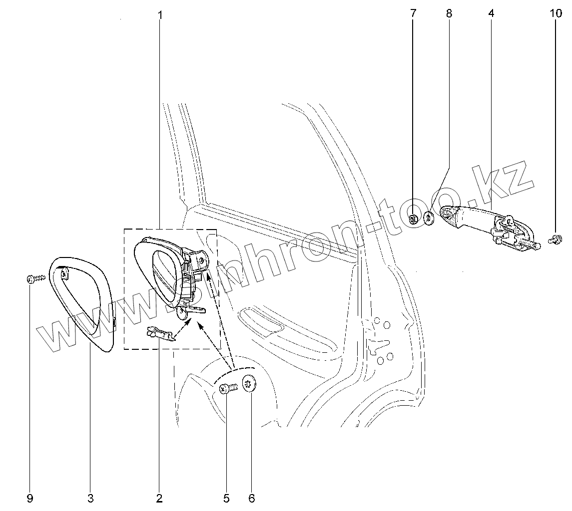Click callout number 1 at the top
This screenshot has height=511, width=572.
click(160, 14)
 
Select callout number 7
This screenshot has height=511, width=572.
click(413, 13)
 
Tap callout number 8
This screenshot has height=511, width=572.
click(449, 13)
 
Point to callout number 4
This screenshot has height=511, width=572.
click(491, 13)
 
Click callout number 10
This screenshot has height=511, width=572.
click(556, 13)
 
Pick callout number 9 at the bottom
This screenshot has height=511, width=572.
click(29, 498)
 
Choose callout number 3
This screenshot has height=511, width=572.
click(90, 498)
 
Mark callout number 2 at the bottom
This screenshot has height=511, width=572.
click(159, 498)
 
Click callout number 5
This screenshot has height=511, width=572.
click(226, 498)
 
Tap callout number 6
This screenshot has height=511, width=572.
click(251, 498)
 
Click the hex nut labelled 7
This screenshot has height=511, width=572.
click(414, 219)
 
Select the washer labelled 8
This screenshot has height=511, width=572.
click(428, 218)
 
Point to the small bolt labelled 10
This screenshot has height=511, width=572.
click(553, 241)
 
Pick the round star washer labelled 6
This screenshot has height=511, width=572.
click(248, 384)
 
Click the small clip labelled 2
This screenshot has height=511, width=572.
click(159, 333)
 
